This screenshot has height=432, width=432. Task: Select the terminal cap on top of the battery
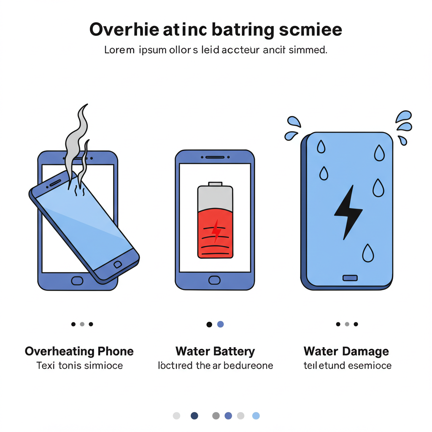(x=215, y=184)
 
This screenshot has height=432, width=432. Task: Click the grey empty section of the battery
(x=215, y=197)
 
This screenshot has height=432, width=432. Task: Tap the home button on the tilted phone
(x=117, y=265)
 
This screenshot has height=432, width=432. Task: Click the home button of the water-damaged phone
(x=350, y=278)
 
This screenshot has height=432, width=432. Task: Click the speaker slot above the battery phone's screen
(x=215, y=157)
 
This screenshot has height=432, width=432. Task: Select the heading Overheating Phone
(x=79, y=351)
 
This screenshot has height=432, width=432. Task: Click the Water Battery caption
(x=215, y=351)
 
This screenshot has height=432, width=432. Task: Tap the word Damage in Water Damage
(x=365, y=351)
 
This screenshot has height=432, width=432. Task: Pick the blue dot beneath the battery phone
(x=220, y=324)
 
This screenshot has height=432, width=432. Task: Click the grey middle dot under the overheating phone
(x=82, y=324)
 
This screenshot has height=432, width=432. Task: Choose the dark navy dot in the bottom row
(x=194, y=416)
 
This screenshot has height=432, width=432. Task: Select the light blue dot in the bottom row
(x=256, y=416)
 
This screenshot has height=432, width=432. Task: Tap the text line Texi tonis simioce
(x=79, y=365)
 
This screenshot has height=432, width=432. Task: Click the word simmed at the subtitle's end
(x=307, y=50)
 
